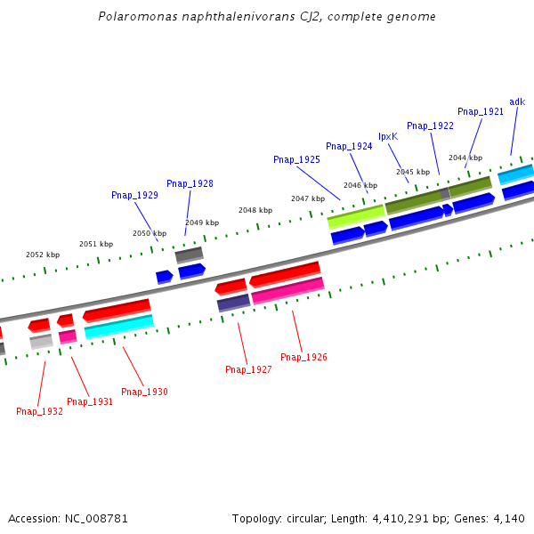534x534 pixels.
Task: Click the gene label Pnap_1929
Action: click(x=134, y=195)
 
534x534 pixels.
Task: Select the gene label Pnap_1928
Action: click(x=190, y=183)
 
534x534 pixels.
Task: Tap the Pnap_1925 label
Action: click(x=296, y=159)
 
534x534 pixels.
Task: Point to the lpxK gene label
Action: click(x=388, y=136)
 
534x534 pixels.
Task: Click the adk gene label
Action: click(x=517, y=101)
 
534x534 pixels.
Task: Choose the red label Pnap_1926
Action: click(x=303, y=357)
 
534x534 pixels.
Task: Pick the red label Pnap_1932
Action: click(x=39, y=411)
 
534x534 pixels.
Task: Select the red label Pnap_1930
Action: click(x=144, y=392)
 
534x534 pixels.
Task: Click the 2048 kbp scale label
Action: click(x=255, y=210)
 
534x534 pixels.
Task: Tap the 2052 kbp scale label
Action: click(x=43, y=255)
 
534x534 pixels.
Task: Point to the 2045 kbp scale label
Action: click(x=412, y=172)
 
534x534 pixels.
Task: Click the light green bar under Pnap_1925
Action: click(x=356, y=214)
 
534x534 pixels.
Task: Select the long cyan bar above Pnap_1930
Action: click(x=119, y=327)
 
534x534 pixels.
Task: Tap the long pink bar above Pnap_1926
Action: click(x=287, y=290)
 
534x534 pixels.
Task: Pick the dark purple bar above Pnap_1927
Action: click(x=233, y=303)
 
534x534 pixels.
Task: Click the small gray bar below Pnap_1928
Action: click(x=189, y=255)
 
